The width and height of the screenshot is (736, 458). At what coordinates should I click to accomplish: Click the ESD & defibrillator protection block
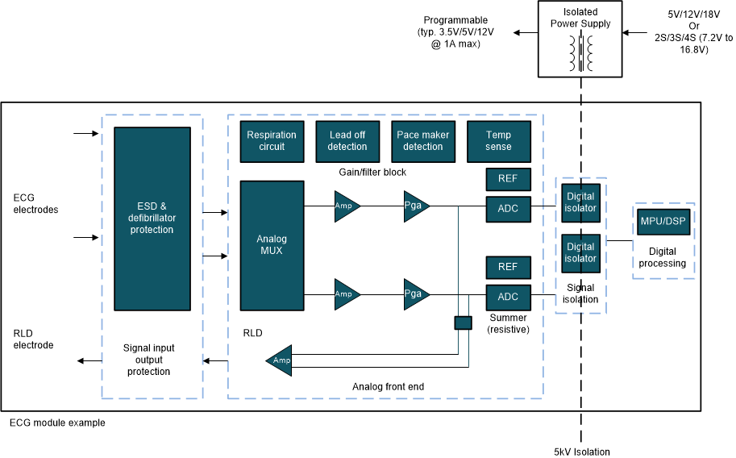pyautogui.click(x=152, y=218)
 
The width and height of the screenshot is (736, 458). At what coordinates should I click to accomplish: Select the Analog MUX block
pyautogui.click(x=272, y=245)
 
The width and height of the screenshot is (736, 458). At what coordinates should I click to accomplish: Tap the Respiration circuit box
pyautogui.click(x=272, y=140)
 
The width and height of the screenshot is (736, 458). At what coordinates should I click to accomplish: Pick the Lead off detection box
pyautogui.click(x=347, y=140)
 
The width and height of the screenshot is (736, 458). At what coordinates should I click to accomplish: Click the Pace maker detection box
pyautogui.click(x=422, y=140)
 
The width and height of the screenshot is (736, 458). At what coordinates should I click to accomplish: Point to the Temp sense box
pyautogui.click(x=498, y=140)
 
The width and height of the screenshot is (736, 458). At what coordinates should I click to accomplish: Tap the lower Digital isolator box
pyautogui.click(x=580, y=252)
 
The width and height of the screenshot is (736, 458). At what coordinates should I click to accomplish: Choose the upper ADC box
pyautogui.click(x=508, y=208)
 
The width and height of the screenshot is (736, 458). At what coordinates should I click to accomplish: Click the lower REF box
pyautogui.click(x=508, y=267)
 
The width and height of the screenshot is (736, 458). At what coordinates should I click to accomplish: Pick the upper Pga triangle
pyautogui.click(x=415, y=206)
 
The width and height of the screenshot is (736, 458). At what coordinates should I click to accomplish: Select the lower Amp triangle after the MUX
pyautogui.click(x=346, y=294)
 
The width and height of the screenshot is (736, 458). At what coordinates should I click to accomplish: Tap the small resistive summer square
pyautogui.click(x=463, y=323)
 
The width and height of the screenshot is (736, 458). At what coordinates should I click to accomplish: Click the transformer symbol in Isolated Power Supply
pyautogui.click(x=580, y=52)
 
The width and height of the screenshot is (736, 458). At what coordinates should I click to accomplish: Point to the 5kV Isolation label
pyautogui.click(x=582, y=452)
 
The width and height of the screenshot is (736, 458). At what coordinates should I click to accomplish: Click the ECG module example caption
pyautogui.click(x=57, y=423)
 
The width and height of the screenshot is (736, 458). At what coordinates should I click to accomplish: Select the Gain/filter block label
pyautogui.click(x=372, y=172)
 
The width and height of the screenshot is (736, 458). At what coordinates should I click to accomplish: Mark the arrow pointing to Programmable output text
pyautogui.click(x=527, y=32)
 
